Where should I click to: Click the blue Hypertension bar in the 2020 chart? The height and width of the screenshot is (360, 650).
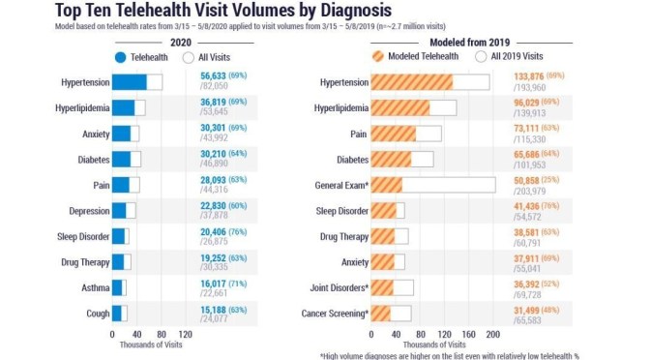click(x=129, y=82)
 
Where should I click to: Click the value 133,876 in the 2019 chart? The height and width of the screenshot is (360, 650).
click(x=515, y=77)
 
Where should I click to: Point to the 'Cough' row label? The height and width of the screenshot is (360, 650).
click(x=94, y=313)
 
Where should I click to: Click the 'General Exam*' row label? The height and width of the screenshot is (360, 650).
click(x=338, y=185)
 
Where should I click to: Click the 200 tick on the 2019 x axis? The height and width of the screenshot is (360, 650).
click(x=492, y=334)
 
